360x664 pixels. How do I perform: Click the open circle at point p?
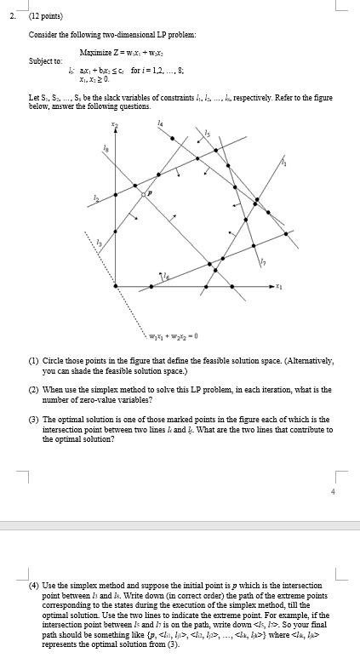pos(145,195)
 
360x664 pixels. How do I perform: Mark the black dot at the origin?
pos(116,287)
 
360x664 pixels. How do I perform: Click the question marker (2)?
pos(34,388)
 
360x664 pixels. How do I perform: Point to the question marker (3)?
pos(34,419)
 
